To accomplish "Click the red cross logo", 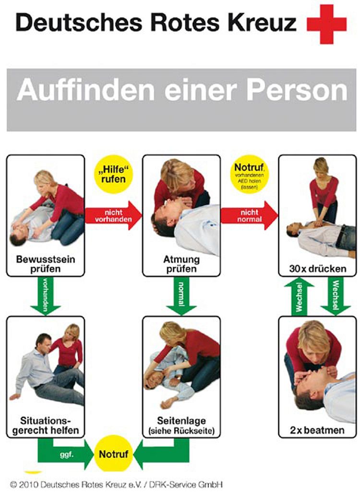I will tap(326, 24).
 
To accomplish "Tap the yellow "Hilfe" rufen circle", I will tap(114, 176).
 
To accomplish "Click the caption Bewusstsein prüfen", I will tap(45, 264).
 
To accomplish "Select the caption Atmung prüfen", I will tap(181, 264).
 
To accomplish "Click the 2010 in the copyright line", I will tap(28, 485).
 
